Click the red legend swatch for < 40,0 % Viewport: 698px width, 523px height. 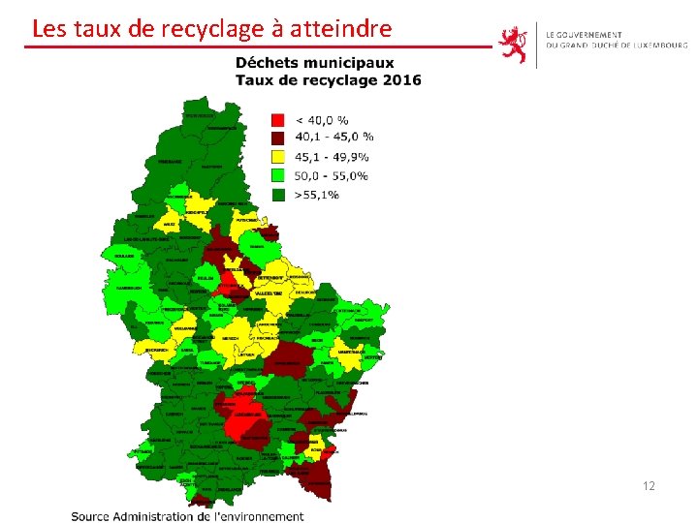[278, 120]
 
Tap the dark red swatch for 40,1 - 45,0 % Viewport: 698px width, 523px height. [278, 138]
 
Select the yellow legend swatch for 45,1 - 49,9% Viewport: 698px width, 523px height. [278, 157]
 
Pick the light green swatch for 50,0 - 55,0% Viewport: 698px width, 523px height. [278, 175]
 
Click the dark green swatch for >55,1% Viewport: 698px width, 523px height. [278, 194]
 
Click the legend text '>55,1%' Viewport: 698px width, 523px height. [317, 194]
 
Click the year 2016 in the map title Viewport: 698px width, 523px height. [401, 80]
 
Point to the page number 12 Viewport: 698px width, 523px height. [648, 485]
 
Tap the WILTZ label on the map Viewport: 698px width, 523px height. [171, 224]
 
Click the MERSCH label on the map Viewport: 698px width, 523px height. [230, 338]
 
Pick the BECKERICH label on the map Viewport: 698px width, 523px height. [156, 349]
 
